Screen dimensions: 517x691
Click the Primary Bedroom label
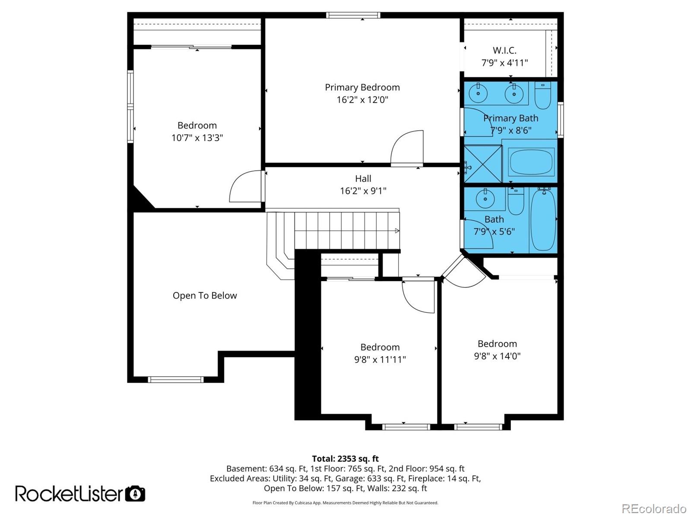362,88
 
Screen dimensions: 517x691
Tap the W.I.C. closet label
504,50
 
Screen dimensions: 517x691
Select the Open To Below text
205,296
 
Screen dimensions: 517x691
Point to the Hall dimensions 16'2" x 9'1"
363,191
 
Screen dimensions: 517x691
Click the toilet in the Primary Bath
542,96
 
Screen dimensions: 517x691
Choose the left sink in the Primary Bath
478,92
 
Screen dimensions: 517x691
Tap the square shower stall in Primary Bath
483,164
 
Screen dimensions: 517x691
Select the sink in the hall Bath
485,199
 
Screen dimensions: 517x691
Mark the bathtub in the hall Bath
543,219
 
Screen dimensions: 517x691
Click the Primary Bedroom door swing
407,149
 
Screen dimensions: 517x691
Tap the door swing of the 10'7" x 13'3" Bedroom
245,187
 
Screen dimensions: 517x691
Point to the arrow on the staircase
397,231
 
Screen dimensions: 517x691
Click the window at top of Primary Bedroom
353,16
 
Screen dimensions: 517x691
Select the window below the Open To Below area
175,379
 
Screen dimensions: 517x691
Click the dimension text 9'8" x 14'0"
497,356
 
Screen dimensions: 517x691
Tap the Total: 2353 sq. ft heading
345,459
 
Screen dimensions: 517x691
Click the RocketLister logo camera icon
135,493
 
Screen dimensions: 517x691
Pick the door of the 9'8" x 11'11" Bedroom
418,296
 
